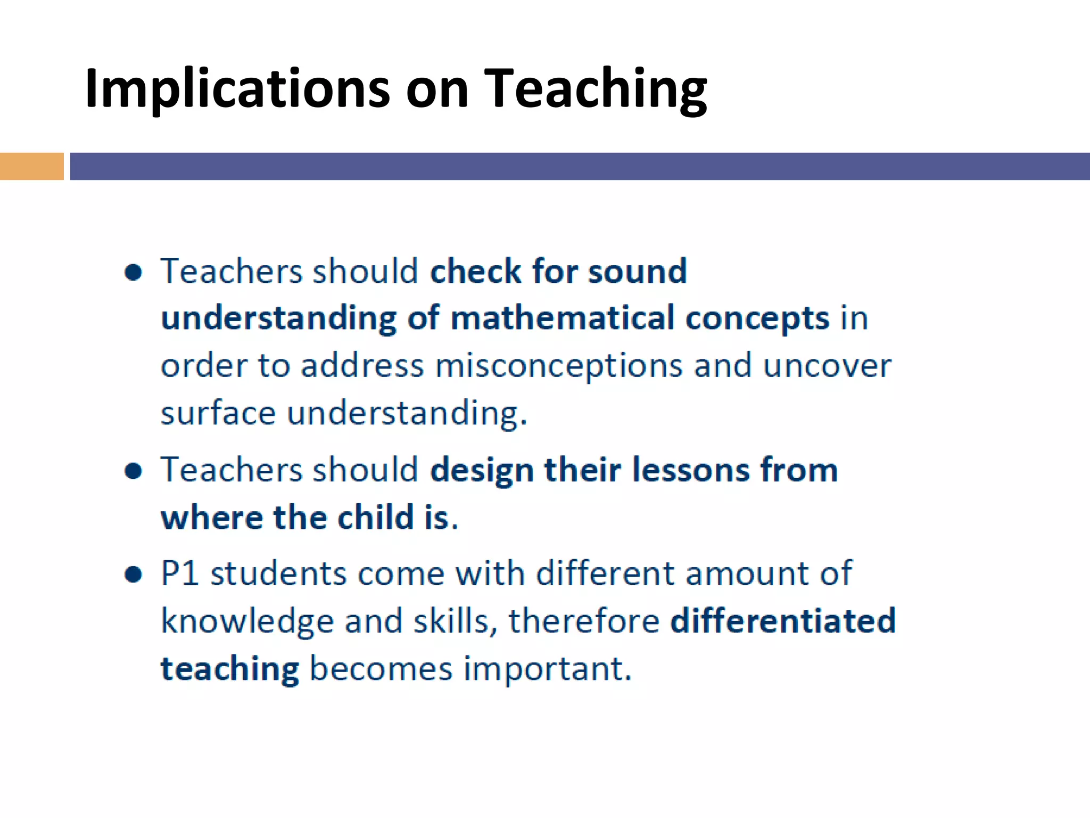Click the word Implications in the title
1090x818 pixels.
point(237,89)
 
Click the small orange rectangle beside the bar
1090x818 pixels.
point(31,166)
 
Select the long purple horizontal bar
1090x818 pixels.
point(579,166)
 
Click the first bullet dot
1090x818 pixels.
point(133,272)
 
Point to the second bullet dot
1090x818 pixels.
point(133,471)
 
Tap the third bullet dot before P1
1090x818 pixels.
point(133,575)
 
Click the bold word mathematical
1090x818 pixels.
point(563,318)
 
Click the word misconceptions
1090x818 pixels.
point(559,367)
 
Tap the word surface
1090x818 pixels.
point(218,414)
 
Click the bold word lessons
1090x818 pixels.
point(690,471)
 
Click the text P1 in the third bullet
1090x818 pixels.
point(180,574)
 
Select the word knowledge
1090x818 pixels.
point(247,622)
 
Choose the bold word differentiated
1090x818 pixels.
point(783,621)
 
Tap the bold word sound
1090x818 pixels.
point(637,271)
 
